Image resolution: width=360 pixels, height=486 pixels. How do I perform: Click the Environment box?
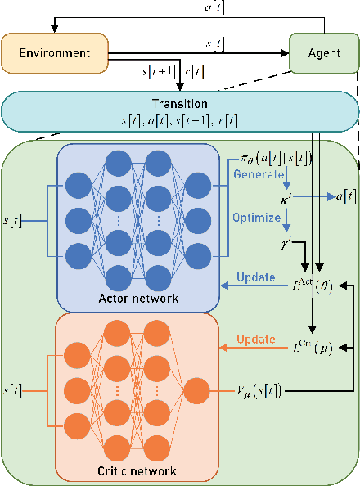pos(54,53)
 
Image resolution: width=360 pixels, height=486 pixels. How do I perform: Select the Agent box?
pos(323,53)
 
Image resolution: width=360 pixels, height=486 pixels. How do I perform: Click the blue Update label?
pos(255,277)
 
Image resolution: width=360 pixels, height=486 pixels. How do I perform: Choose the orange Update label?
pos(257,339)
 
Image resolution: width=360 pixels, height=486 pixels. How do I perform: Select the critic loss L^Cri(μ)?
pos(313,348)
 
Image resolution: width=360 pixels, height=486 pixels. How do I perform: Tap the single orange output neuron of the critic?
pos(197,391)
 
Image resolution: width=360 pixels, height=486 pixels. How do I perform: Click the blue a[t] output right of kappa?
pos(336,197)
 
